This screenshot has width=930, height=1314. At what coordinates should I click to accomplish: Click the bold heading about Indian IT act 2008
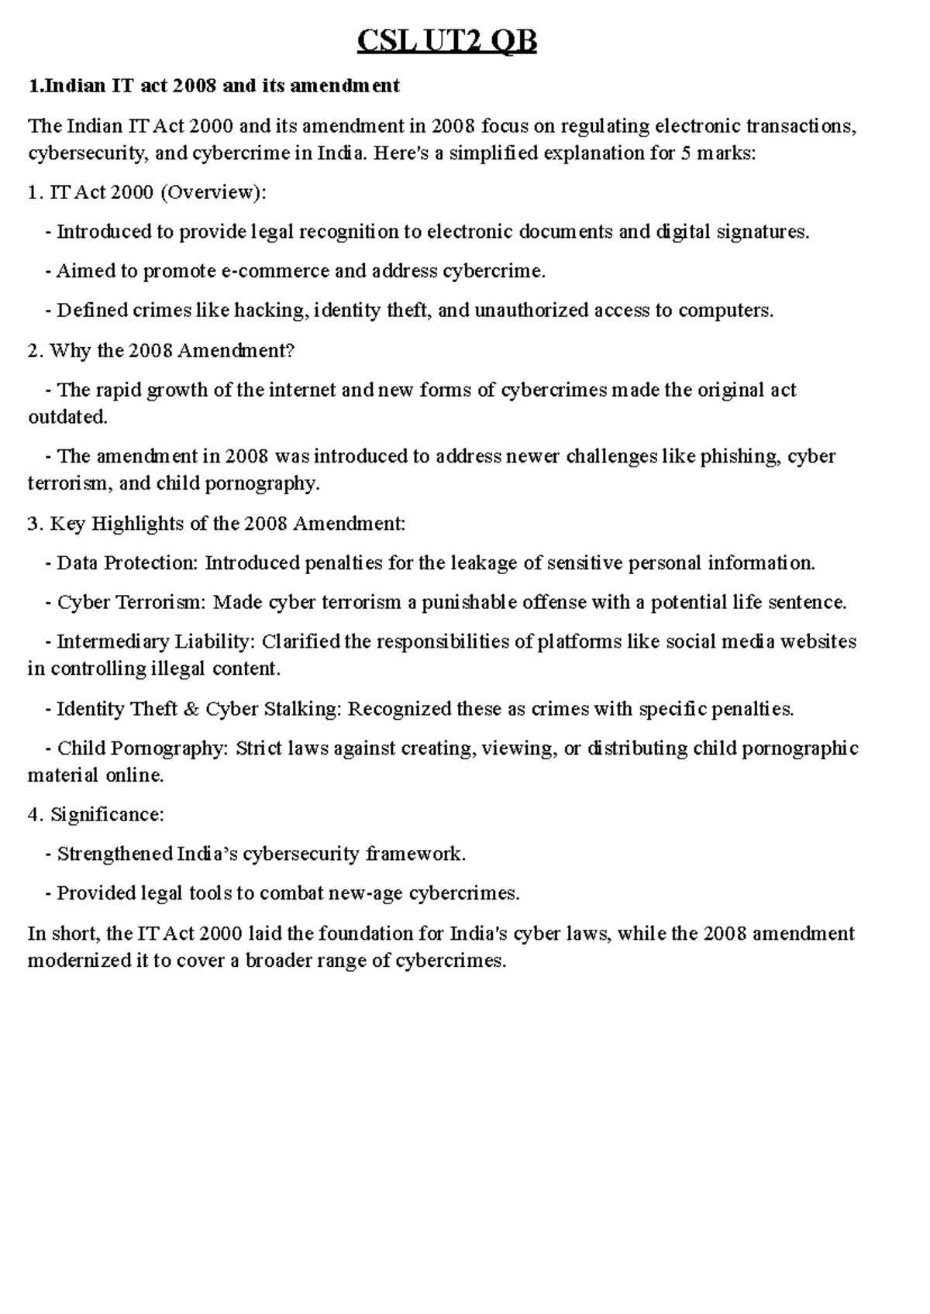(213, 85)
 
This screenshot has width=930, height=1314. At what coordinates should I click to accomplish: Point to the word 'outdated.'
(67, 417)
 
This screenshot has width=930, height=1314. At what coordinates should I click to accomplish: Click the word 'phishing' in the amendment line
(740, 456)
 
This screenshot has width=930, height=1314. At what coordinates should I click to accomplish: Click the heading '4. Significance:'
(95, 815)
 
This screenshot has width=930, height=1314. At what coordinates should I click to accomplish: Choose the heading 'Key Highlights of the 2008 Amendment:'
(227, 524)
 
